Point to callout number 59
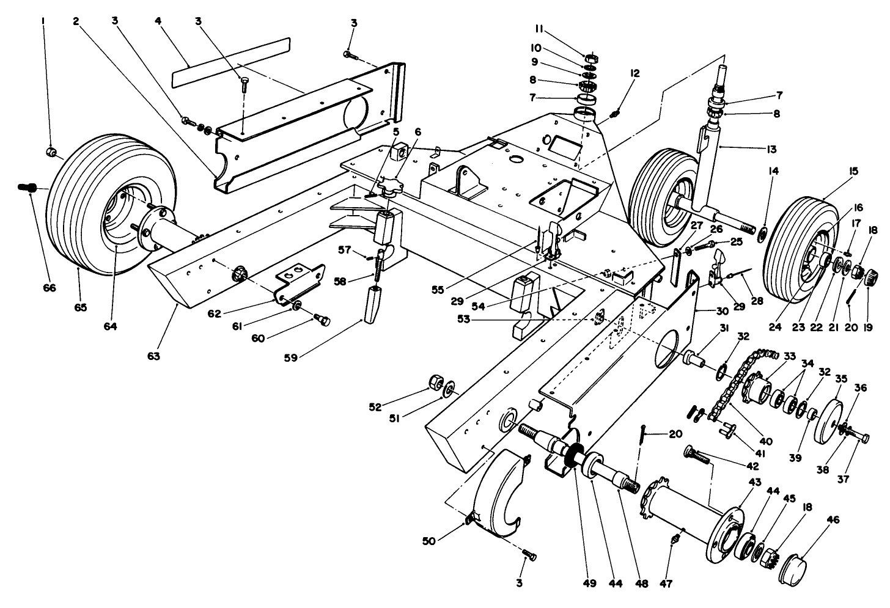click(290, 358)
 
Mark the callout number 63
click(153, 356)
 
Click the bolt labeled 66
click(28, 186)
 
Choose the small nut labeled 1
click(51, 151)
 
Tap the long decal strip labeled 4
click(229, 62)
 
